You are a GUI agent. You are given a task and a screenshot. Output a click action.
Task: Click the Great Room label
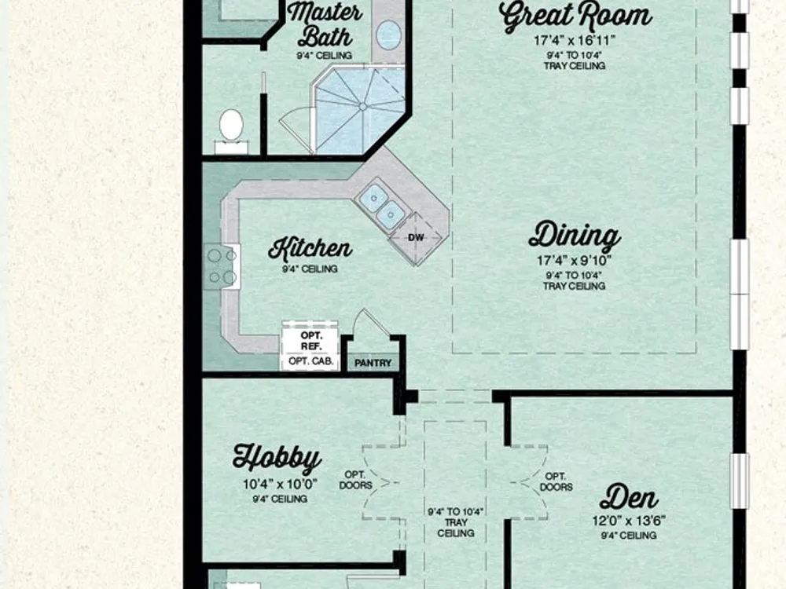[575, 16]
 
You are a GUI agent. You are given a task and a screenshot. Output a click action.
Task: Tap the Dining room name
[575, 236]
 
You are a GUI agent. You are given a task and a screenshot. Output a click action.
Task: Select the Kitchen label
[310, 248]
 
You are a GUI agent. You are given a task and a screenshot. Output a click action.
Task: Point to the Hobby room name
[277, 457]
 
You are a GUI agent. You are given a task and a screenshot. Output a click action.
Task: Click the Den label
[629, 497]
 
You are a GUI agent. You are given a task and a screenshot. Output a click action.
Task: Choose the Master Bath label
[325, 24]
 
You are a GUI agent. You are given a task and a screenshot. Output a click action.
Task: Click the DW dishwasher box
[416, 238]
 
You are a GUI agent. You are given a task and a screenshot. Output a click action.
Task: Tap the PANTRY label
[373, 363]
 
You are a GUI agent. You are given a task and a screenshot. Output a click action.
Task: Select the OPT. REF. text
[311, 341]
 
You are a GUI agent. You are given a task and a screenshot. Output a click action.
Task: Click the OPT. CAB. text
[311, 360]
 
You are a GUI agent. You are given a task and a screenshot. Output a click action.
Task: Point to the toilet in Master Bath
[231, 131]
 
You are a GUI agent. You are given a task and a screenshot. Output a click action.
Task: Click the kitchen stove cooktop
[222, 266]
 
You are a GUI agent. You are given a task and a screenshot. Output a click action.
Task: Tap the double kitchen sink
[382, 206]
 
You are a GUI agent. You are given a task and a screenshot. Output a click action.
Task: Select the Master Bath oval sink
[388, 35]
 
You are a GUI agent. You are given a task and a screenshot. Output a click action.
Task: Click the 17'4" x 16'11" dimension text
[575, 40]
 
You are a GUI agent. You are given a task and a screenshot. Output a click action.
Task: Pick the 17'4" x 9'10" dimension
[575, 261]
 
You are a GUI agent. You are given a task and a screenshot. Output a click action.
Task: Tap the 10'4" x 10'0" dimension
[281, 485]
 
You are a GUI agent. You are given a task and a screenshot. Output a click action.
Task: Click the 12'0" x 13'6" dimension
[629, 521]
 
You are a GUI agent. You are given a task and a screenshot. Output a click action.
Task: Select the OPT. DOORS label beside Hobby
[356, 480]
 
